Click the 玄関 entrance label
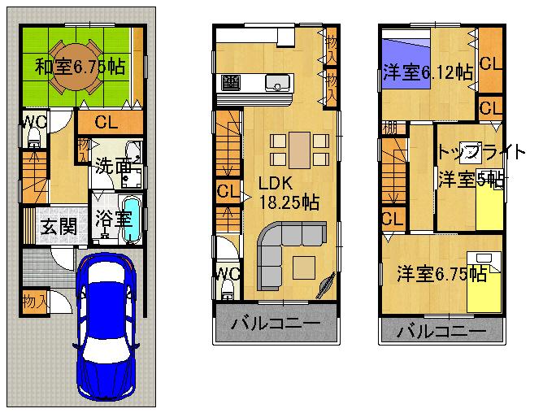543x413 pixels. click(x=59, y=225)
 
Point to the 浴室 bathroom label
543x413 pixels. click(x=113, y=220)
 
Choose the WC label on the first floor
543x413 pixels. click(x=33, y=122)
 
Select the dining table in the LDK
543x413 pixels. click(x=300, y=149)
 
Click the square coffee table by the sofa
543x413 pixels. click(x=306, y=266)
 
